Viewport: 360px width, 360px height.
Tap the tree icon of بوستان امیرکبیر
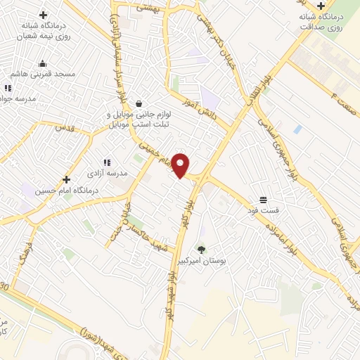coord(202,249)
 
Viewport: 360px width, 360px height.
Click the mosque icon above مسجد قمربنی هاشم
coord(42,63)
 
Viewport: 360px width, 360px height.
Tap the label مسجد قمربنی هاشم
coord(44,74)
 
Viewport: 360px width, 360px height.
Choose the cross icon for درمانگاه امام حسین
coord(67,179)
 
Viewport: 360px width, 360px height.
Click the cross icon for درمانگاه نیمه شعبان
coord(43,14)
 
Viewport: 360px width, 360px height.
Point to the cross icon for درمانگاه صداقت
coord(321,6)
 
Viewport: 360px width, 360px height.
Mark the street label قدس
coord(65,128)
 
